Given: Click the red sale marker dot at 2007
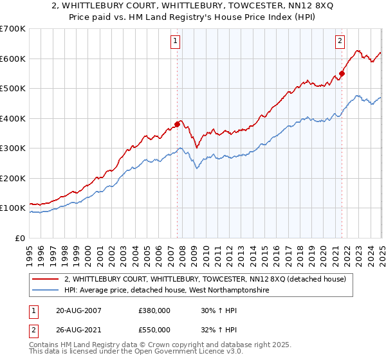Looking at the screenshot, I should [178, 125].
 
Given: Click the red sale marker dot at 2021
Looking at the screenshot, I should [342, 73].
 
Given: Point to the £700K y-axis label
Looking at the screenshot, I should [12, 29].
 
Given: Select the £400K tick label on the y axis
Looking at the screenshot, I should [12, 118].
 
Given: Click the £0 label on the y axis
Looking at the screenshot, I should [19, 238].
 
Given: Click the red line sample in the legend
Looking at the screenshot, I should [46, 279].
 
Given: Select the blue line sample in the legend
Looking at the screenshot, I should [46, 291].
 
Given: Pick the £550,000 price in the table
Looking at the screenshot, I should [154, 330].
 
